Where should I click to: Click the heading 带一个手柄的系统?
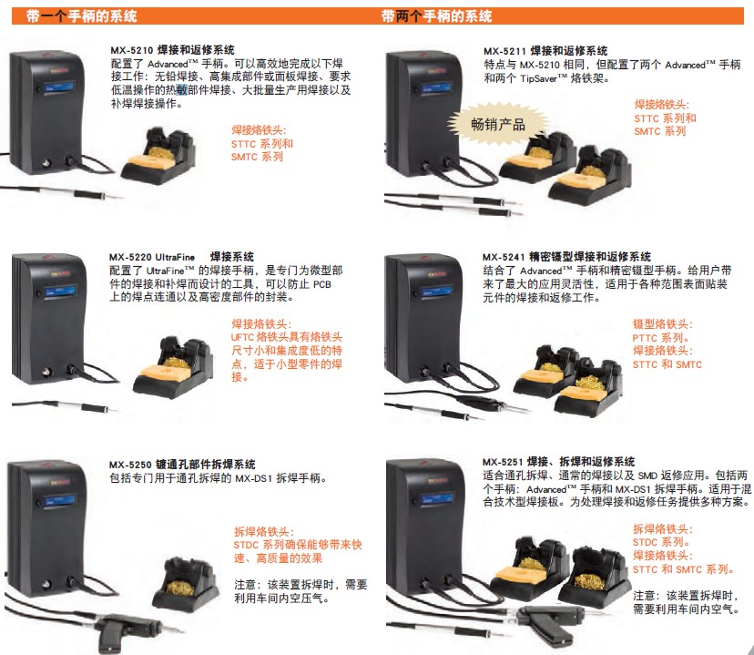click(x=82, y=16)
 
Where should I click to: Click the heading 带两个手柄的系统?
click(x=436, y=16)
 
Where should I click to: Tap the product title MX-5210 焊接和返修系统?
click(x=172, y=50)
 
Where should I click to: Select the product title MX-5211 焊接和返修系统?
click(x=545, y=51)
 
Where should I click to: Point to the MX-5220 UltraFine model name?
click(x=152, y=257)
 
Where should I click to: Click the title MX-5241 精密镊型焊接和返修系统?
click(x=566, y=257)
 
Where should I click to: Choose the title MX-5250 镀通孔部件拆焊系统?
click(x=182, y=465)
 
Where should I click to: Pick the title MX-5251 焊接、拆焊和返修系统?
click(x=558, y=462)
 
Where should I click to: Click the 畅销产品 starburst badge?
click(x=498, y=125)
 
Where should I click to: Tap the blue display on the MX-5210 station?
click(x=59, y=87)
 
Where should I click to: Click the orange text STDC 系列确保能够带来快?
click(x=298, y=545)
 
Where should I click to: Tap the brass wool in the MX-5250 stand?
click(x=179, y=588)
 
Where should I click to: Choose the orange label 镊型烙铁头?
click(x=663, y=324)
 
